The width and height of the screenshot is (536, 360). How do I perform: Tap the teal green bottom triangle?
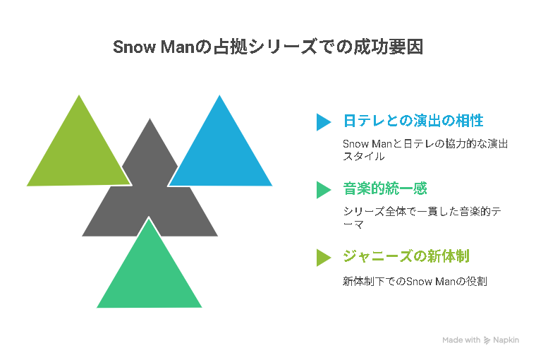[150, 274]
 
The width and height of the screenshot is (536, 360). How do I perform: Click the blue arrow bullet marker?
[324, 122]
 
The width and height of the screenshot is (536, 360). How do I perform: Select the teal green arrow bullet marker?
[324, 190]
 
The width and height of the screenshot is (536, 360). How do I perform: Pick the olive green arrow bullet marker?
[324, 258]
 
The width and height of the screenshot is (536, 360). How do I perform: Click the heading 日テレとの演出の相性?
[413, 121]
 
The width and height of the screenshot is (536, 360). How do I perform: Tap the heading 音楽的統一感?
[385, 188]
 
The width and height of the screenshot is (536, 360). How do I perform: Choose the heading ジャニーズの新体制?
[406, 256]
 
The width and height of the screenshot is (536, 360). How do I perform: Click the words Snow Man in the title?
[154, 47]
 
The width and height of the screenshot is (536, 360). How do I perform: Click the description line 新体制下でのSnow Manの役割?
[415, 281]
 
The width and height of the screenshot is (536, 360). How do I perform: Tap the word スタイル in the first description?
[364, 157]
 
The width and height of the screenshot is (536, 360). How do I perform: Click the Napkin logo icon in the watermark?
[487, 340]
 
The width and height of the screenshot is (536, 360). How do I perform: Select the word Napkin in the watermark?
[506, 340]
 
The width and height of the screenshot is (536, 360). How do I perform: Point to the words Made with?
[461, 340]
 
